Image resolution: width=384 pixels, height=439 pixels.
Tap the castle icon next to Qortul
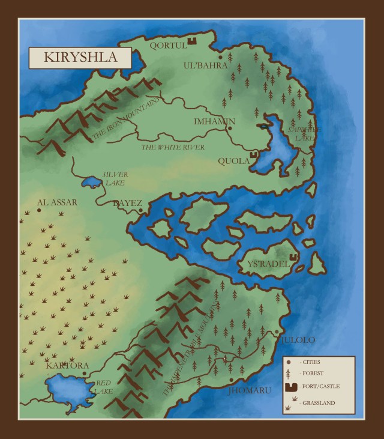(x=193, y=40)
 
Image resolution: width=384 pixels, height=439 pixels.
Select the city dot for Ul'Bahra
(x=220, y=57)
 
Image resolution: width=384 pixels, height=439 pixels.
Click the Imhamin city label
(x=214, y=122)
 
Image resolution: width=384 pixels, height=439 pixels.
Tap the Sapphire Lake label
(x=303, y=133)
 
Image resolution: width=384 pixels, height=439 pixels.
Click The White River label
(x=173, y=147)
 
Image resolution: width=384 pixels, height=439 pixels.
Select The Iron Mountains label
(x=126, y=120)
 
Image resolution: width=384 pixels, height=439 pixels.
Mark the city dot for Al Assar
(x=38, y=210)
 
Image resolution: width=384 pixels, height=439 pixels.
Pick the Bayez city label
(x=127, y=204)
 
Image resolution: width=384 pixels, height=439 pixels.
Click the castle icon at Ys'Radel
(x=294, y=262)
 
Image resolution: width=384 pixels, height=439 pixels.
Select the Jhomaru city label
(x=250, y=390)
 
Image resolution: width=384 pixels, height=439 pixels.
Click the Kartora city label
(x=67, y=365)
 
